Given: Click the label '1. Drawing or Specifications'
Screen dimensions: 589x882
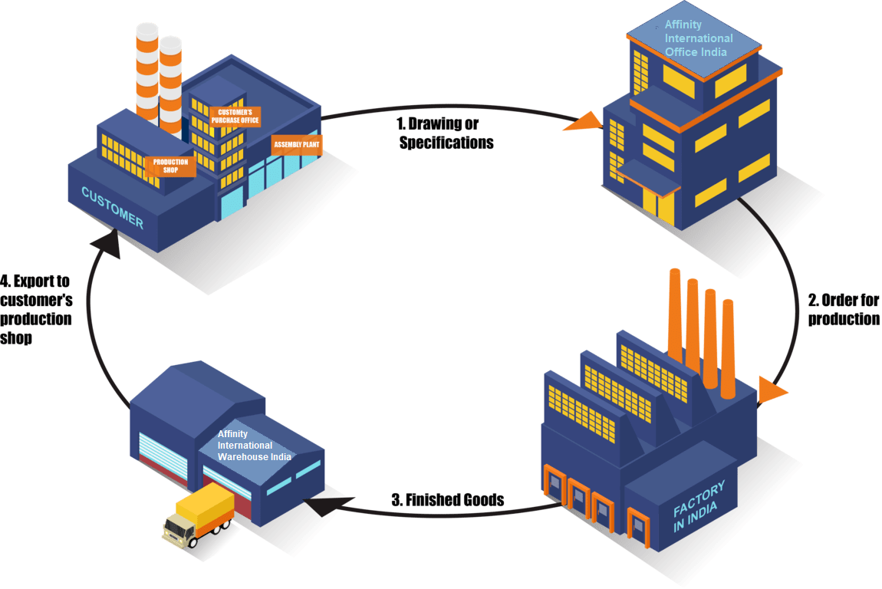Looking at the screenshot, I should pos(446,133).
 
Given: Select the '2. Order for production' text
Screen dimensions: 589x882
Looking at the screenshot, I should pos(844,309).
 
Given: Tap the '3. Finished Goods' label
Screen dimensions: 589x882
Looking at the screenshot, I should pos(447,500).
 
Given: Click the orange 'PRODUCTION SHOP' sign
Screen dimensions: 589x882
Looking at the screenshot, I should pos(170,166).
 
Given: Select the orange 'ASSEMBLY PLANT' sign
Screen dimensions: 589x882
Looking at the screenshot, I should pos(297,143).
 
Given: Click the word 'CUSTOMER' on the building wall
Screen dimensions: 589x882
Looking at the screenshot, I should pos(113,208).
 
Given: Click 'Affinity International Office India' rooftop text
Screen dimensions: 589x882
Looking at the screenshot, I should pos(698,38).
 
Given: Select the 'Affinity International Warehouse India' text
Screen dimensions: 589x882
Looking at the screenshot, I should pos(254,446).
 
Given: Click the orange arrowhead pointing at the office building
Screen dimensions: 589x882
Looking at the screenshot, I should pos(583,122).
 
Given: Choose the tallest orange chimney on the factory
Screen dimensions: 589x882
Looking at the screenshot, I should pos(676,314).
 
